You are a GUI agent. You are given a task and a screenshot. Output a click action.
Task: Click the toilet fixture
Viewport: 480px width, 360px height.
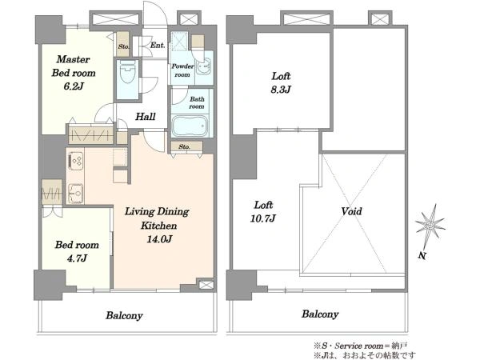128,72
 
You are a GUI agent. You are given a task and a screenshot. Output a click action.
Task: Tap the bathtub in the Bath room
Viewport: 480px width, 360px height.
190,126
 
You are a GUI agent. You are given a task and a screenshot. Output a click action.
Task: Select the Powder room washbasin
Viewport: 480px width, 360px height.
203,66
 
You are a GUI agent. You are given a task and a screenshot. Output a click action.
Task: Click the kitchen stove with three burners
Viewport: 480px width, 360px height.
75,161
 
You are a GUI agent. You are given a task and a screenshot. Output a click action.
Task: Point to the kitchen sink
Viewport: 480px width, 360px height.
75,194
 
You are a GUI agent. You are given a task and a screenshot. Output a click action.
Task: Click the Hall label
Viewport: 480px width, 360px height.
146,117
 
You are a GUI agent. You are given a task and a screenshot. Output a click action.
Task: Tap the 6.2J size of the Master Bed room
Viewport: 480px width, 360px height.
74,86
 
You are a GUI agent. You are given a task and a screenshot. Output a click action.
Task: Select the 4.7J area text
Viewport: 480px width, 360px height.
77,258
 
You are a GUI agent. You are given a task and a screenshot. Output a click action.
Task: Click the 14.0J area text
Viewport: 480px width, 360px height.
159,239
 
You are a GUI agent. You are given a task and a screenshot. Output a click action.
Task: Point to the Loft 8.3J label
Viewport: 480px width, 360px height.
281,82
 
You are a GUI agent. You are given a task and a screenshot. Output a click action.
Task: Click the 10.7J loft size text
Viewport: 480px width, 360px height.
263,218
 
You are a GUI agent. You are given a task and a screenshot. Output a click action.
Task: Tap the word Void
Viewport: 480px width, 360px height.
351,211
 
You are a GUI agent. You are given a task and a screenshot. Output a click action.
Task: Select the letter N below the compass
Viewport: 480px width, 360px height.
422,256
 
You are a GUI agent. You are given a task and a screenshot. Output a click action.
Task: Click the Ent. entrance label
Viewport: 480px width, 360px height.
158,46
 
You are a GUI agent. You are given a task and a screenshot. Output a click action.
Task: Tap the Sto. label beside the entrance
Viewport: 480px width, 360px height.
124,47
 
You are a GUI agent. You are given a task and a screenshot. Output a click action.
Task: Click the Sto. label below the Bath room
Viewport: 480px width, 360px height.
184,147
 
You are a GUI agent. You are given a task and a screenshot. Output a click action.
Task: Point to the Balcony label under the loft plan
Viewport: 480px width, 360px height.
320,314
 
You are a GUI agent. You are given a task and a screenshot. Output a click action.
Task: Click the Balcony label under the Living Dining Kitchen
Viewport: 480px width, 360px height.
124,316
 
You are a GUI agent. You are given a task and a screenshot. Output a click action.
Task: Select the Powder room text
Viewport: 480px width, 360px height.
182,70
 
